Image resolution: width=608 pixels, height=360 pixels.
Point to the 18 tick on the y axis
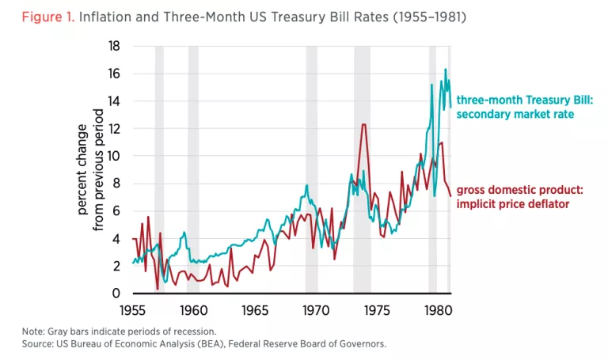(x=115, y=46)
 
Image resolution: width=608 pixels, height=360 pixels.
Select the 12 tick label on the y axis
(x=115, y=128)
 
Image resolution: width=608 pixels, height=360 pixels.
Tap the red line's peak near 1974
(x=363, y=124)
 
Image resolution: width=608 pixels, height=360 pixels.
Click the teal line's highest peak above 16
(x=445, y=70)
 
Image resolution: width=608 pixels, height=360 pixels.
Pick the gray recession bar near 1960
(x=193, y=170)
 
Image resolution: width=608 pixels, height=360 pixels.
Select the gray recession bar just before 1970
(x=311, y=170)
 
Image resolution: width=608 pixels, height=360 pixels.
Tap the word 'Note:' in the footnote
(x=34, y=331)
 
